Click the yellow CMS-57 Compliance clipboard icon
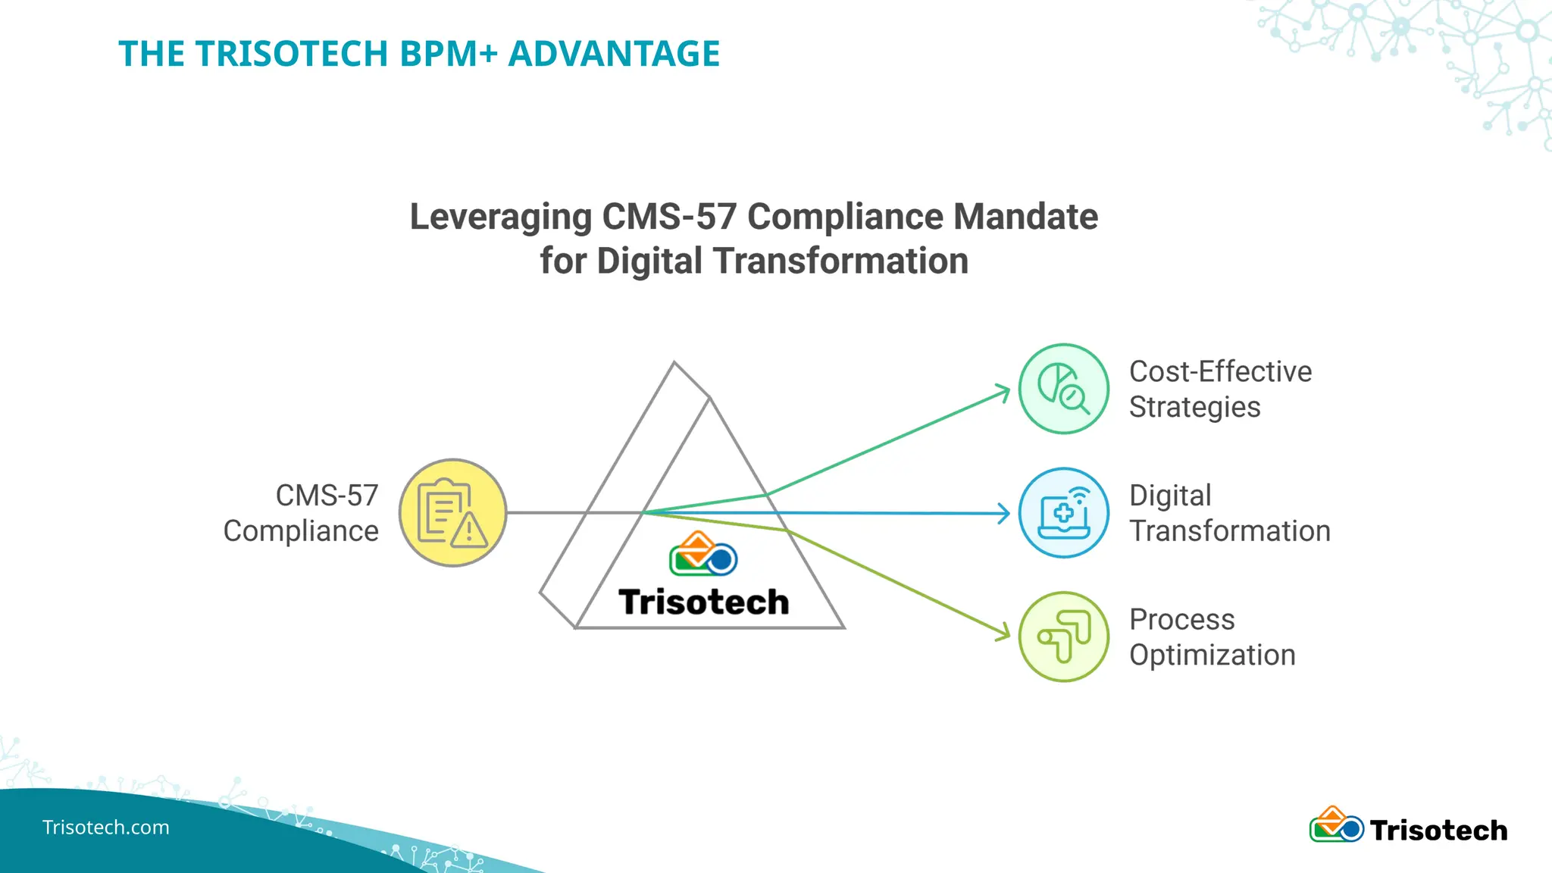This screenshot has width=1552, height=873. coord(452,512)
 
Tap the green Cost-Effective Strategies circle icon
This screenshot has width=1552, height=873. coord(1063,389)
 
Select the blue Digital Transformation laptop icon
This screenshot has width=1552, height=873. coord(1063,513)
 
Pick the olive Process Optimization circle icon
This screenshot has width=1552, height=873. coord(1063,637)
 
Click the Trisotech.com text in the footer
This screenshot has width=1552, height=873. coord(105,828)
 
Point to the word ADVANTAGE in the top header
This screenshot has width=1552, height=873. coord(614,54)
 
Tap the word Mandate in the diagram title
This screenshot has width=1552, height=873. coord(1025,217)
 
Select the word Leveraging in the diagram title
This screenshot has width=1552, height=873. coord(500,217)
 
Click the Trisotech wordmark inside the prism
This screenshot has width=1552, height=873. coord(704,602)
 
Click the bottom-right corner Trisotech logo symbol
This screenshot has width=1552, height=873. coord(1337,825)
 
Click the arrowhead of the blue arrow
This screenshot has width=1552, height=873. coord(1005,514)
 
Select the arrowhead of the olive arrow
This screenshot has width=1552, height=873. coord(1005,632)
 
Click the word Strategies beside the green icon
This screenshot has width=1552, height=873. coord(1194,408)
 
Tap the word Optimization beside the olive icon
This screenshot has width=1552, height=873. coord(1212,655)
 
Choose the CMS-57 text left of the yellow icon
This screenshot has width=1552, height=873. coord(327,496)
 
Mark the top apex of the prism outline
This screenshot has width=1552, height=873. coord(674,363)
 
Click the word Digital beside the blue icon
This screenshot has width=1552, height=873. coord(1170,496)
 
